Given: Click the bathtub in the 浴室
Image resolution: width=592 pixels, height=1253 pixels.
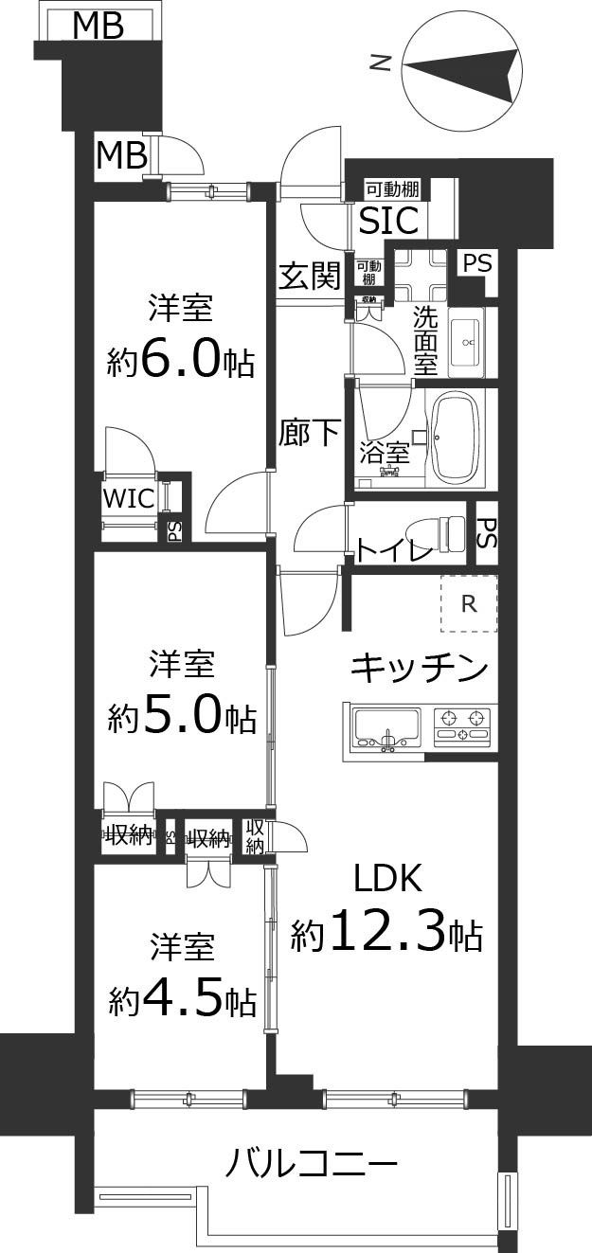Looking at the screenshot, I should tap(458, 438).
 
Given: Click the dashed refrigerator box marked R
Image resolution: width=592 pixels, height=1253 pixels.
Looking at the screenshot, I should tap(468, 603).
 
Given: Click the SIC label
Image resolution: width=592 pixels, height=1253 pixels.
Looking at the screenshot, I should tap(388, 221).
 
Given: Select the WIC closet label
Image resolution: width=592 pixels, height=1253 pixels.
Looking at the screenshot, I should tap(129, 499).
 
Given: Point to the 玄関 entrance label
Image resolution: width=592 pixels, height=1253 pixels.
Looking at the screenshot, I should tap(309, 276).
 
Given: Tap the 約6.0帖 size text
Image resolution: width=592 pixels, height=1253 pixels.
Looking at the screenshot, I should tap(180, 359).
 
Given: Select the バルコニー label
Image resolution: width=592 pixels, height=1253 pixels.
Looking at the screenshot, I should tap(311, 1162).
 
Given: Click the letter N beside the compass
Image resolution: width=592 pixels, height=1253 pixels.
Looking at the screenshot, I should tap(380, 63).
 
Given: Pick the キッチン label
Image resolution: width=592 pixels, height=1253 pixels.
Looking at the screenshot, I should tap(420, 669).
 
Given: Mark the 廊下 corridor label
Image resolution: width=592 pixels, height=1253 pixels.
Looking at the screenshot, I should tap(309, 433).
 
